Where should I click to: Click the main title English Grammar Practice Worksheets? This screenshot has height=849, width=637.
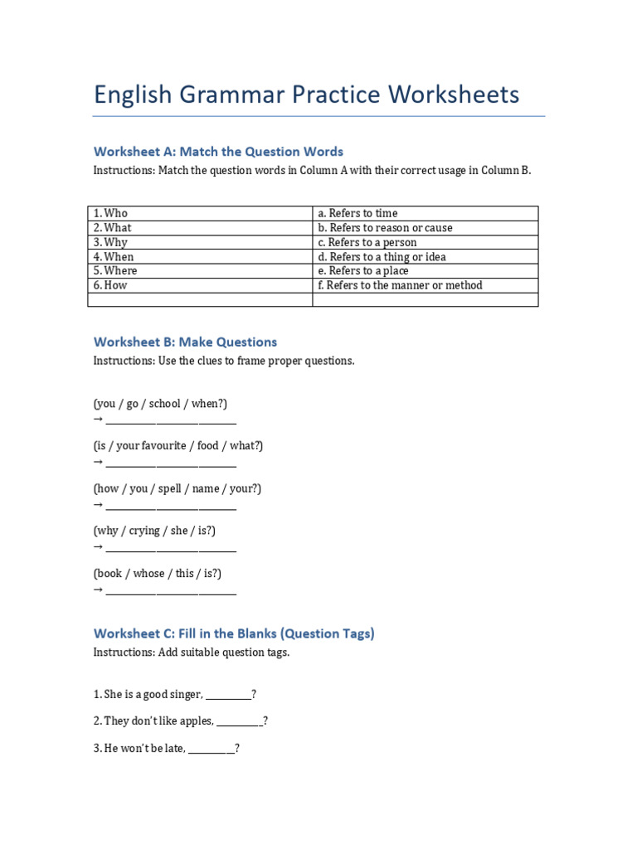[306, 95]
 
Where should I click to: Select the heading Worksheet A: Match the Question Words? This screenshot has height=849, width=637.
[218, 152]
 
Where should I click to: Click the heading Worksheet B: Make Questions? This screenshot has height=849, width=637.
[185, 342]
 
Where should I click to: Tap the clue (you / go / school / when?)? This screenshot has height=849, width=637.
[160, 404]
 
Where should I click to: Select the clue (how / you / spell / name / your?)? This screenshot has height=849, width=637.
[177, 488]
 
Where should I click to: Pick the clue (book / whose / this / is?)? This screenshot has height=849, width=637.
[158, 574]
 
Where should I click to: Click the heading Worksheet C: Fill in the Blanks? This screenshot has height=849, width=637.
[234, 633]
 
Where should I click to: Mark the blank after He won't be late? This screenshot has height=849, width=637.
[212, 749]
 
